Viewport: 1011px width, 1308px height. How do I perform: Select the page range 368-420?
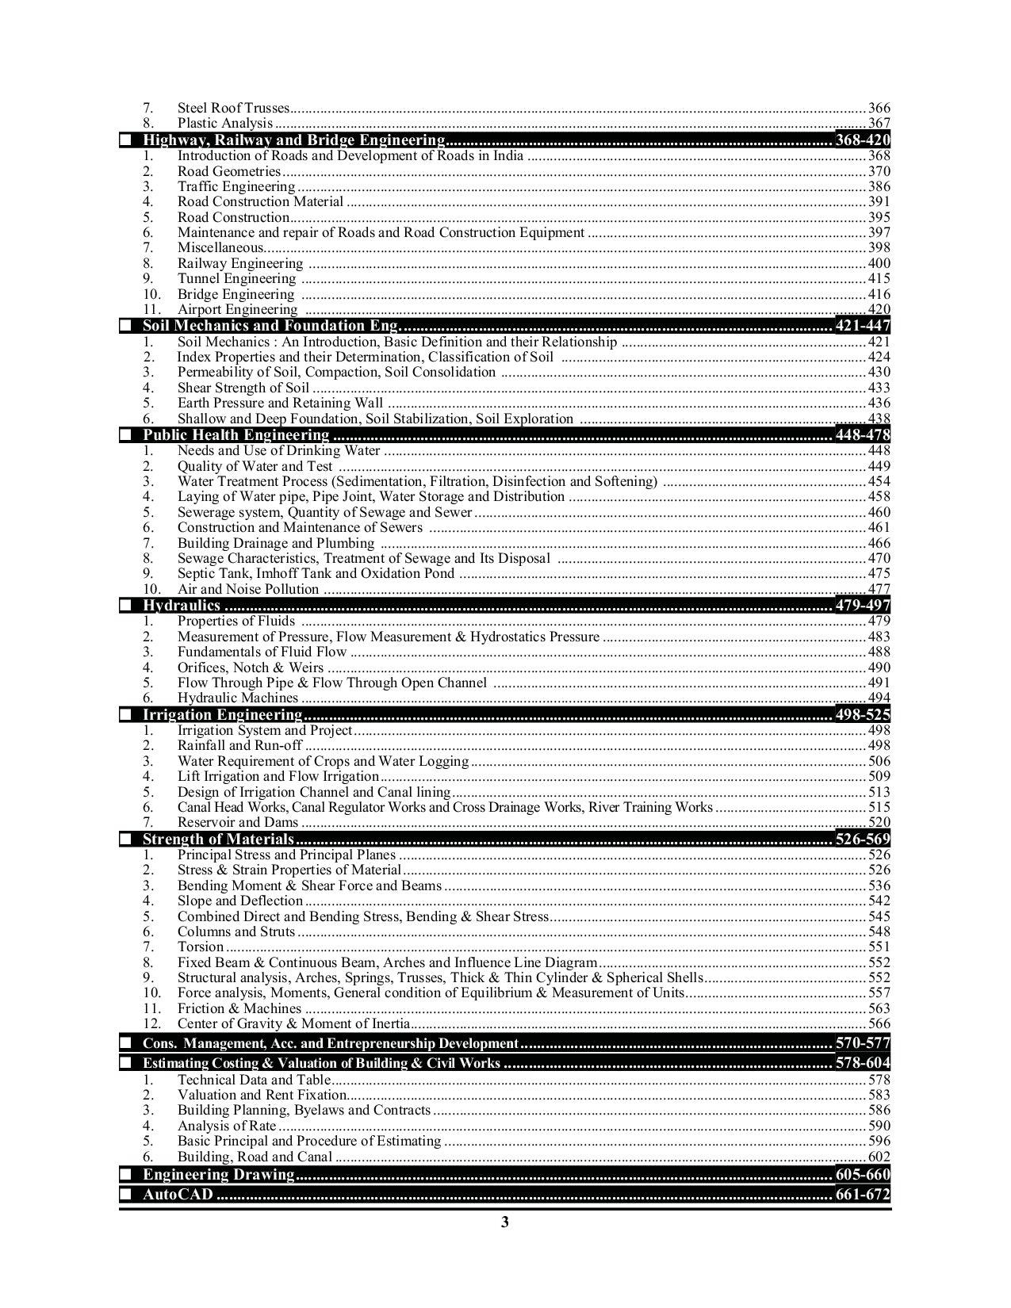click(x=863, y=140)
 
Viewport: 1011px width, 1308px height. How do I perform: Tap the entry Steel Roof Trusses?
click(x=234, y=108)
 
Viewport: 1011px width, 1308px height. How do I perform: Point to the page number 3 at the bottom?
click(x=504, y=1222)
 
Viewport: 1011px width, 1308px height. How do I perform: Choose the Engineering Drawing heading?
click(x=218, y=1175)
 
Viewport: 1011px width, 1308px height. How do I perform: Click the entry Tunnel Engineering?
click(x=236, y=278)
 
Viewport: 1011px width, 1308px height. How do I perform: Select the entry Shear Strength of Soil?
click(x=243, y=388)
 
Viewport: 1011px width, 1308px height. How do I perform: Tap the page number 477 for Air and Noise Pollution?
click(x=879, y=589)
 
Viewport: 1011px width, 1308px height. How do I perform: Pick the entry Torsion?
click(x=201, y=947)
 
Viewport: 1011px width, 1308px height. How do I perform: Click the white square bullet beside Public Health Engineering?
click(x=125, y=435)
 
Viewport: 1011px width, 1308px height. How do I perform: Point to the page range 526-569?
click(x=863, y=839)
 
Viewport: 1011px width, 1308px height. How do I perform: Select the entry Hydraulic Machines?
click(x=238, y=698)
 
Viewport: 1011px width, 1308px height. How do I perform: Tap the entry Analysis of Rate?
click(x=227, y=1126)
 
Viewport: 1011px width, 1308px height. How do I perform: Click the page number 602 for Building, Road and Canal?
click(x=879, y=1157)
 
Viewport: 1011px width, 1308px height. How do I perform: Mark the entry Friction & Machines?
click(x=239, y=1008)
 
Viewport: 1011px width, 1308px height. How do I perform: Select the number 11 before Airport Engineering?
click(x=152, y=309)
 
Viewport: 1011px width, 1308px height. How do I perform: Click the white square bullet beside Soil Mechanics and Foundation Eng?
click(x=125, y=326)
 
